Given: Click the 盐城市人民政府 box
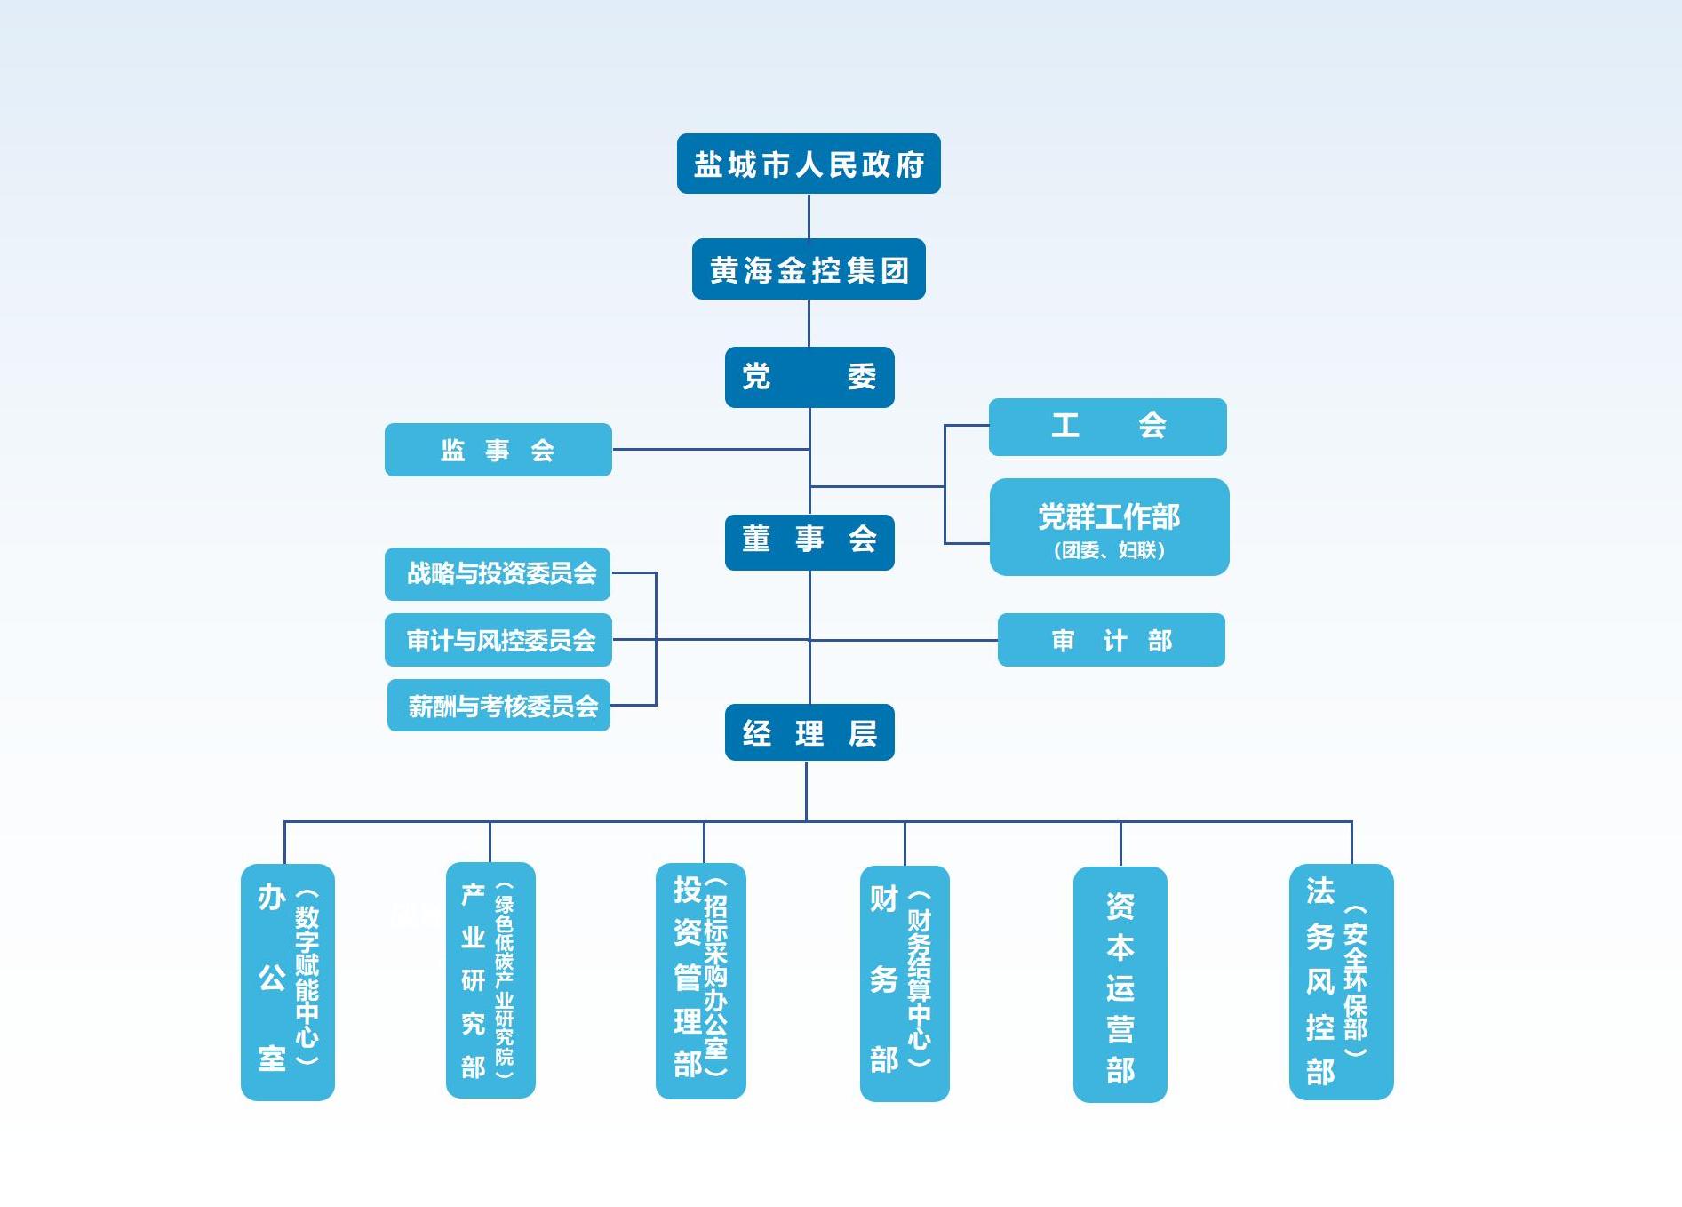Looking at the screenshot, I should [x=809, y=164].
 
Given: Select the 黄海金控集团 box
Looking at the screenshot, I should [x=809, y=269].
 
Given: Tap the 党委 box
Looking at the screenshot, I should [x=809, y=377].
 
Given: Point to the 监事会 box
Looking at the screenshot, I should [x=498, y=450].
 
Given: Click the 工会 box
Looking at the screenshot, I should [x=1107, y=427].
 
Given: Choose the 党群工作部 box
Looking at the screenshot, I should [x=1109, y=517].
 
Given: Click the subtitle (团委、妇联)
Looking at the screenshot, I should [x=1109, y=550].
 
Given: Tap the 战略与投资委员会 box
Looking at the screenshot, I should [x=498, y=573].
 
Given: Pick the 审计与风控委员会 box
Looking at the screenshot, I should [x=498, y=640].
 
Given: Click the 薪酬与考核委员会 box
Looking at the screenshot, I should [x=498, y=706].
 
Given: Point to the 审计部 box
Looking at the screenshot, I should [x=1111, y=640].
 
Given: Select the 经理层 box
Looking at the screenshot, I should [x=809, y=732].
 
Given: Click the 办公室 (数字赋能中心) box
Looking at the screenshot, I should [x=287, y=982].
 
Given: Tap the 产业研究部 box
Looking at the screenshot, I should [x=490, y=980].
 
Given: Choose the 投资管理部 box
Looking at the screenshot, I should [x=700, y=981].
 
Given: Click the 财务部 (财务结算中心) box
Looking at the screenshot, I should [x=905, y=983].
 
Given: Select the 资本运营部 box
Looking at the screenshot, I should [x=1120, y=985].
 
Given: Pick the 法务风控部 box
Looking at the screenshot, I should [x=1341, y=982].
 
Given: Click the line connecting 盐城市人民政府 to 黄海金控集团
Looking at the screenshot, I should [x=809, y=216].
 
